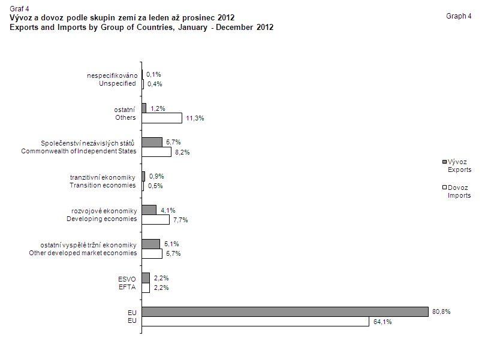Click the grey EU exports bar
[285, 311]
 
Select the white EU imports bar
[255, 322]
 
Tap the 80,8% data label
[442, 311]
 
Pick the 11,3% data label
[195, 118]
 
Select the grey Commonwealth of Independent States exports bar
[152, 142]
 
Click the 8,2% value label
[182, 152]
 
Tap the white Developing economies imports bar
[155, 220]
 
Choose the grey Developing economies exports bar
[149, 210]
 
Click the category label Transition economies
[103, 185]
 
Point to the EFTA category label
[127, 288]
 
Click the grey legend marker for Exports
[444, 162]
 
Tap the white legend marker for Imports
[444, 187]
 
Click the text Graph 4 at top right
[459, 16]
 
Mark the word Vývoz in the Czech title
[22, 17]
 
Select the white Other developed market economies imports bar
[152, 253]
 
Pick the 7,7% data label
[180, 220]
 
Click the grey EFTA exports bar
[146, 278]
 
